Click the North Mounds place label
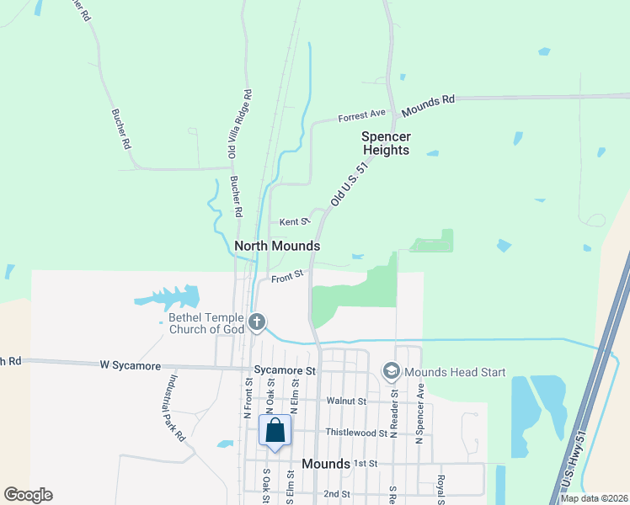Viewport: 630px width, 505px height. [277, 246]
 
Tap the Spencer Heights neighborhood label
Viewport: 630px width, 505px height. [386, 143]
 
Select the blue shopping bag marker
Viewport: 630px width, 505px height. [275, 430]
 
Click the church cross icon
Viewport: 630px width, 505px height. [257, 322]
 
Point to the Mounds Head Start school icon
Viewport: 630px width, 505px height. [391, 370]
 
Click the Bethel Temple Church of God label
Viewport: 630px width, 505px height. [206, 323]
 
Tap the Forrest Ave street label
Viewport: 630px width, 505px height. [361, 114]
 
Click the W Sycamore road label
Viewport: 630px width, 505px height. [130, 364]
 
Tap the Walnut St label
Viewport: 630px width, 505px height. [346, 401]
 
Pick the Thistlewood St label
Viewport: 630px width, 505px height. [356, 433]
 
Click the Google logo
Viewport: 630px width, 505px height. [28, 495]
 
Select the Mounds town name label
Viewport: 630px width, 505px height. [326, 465]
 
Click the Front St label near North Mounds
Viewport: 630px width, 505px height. [286, 275]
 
